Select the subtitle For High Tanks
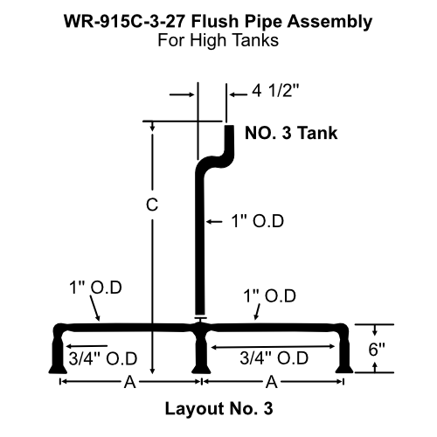pos(218,38)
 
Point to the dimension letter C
pos(151,205)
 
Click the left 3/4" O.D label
pos(100,357)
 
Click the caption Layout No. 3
pos(218,407)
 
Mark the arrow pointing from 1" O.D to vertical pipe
pos(214,222)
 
